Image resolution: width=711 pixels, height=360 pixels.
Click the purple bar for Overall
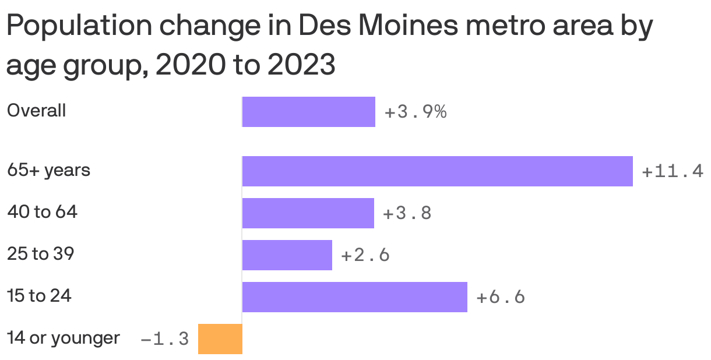(x=308, y=112)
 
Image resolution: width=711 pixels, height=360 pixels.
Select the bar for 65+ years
(x=437, y=171)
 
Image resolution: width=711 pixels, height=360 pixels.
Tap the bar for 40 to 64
(x=308, y=213)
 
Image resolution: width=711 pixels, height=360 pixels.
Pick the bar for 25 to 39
(x=287, y=255)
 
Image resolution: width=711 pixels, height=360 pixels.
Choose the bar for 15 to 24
(x=354, y=297)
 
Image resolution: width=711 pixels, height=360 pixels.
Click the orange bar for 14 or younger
(x=220, y=339)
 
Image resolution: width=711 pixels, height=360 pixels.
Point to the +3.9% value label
(x=416, y=112)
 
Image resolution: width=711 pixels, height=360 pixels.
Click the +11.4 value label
(x=673, y=172)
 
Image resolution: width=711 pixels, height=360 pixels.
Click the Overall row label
(x=36, y=111)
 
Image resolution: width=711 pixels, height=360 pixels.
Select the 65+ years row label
(x=48, y=171)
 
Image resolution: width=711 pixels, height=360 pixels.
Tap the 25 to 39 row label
(x=40, y=254)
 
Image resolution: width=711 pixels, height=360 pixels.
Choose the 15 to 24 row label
(x=39, y=296)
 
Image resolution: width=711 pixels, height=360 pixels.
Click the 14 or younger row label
(x=63, y=338)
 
